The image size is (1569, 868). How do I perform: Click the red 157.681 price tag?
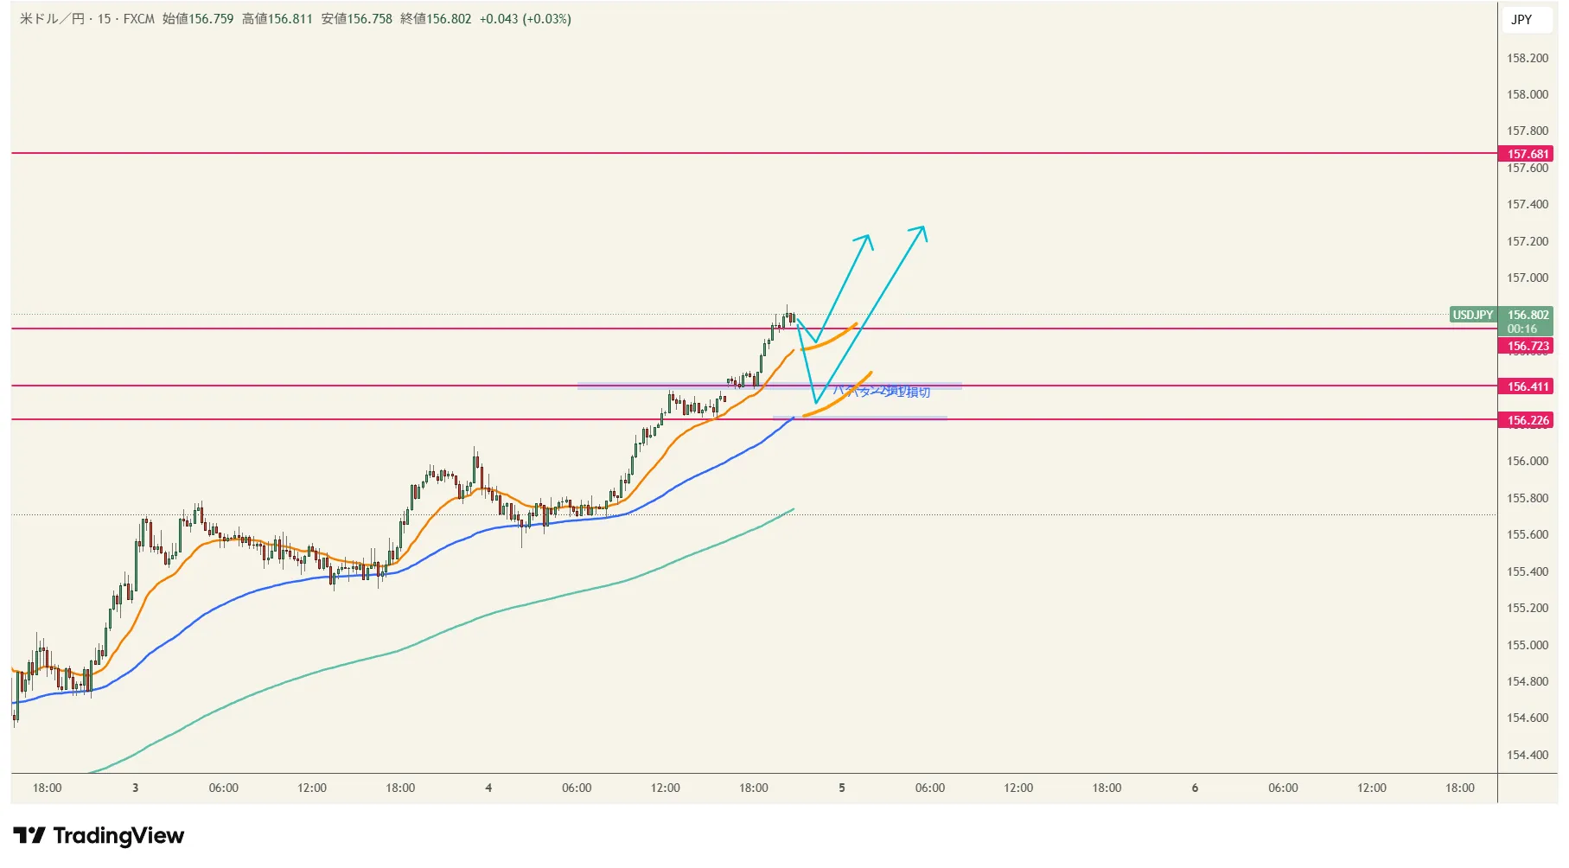[1528, 154]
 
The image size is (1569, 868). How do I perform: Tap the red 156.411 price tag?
[1528, 386]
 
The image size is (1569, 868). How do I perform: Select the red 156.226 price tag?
[1528, 420]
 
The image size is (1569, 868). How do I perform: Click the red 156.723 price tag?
[1528, 346]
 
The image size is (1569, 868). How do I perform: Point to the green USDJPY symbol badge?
[1472, 315]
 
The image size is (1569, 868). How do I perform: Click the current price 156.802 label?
[1528, 315]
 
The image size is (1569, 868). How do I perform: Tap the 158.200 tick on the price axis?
[1528, 58]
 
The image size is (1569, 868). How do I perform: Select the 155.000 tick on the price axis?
[1528, 645]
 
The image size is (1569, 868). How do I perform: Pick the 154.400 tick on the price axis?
[1528, 755]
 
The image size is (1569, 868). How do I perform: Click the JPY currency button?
[1521, 19]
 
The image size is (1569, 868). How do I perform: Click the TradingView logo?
[99, 835]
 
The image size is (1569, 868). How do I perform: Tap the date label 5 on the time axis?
[842, 788]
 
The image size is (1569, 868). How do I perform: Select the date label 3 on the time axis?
[135, 788]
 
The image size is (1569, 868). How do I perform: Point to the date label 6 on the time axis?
[1195, 788]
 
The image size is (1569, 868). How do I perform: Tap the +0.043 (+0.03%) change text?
[525, 19]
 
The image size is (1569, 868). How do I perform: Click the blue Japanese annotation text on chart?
[882, 392]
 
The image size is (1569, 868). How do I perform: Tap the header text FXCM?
[138, 19]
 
